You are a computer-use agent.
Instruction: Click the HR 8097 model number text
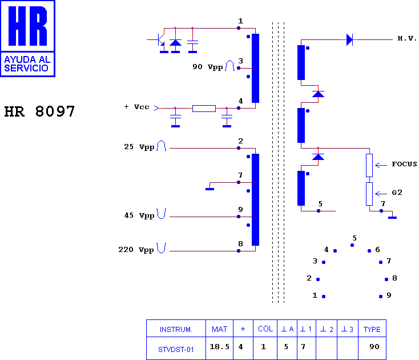click(x=39, y=111)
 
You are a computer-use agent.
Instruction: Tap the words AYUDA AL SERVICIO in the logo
click(x=27, y=63)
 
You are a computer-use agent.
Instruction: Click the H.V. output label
click(x=407, y=38)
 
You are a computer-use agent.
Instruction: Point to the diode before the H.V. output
click(x=349, y=39)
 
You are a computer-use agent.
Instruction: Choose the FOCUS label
click(x=404, y=164)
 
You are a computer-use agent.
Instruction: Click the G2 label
click(x=397, y=193)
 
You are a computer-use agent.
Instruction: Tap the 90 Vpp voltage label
click(x=208, y=67)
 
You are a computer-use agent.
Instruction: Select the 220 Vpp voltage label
click(x=136, y=250)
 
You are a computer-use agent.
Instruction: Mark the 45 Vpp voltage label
click(x=139, y=215)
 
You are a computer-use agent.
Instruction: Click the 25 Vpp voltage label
click(x=139, y=147)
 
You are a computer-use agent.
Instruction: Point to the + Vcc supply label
click(x=136, y=107)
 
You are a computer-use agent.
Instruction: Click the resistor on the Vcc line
click(x=204, y=109)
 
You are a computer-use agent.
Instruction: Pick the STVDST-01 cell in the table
click(x=176, y=350)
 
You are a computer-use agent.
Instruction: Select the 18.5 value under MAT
click(x=219, y=347)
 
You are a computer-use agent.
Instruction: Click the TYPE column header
click(x=372, y=330)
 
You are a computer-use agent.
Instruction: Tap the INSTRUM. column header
click(x=176, y=330)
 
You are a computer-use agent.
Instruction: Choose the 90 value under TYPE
click(x=374, y=347)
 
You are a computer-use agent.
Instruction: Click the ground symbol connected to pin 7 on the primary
click(x=210, y=189)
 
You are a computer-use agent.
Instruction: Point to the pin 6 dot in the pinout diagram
click(x=369, y=251)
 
